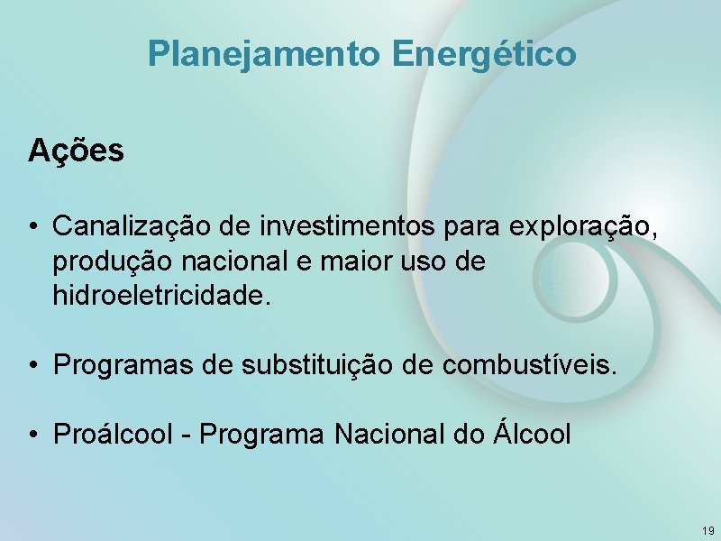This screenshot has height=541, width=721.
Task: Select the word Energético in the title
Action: pyautogui.click(x=484, y=54)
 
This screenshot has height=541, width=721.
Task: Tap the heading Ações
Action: pyautogui.click(x=76, y=151)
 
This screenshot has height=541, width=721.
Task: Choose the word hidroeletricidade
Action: pyautogui.click(x=160, y=295)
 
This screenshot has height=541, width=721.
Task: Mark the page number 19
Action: pyautogui.click(x=707, y=530)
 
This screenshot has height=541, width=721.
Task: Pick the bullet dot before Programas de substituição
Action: pyautogui.click(x=32, y=366)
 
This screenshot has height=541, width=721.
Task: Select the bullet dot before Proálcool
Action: pyautogui.click(x=32, y=436)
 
